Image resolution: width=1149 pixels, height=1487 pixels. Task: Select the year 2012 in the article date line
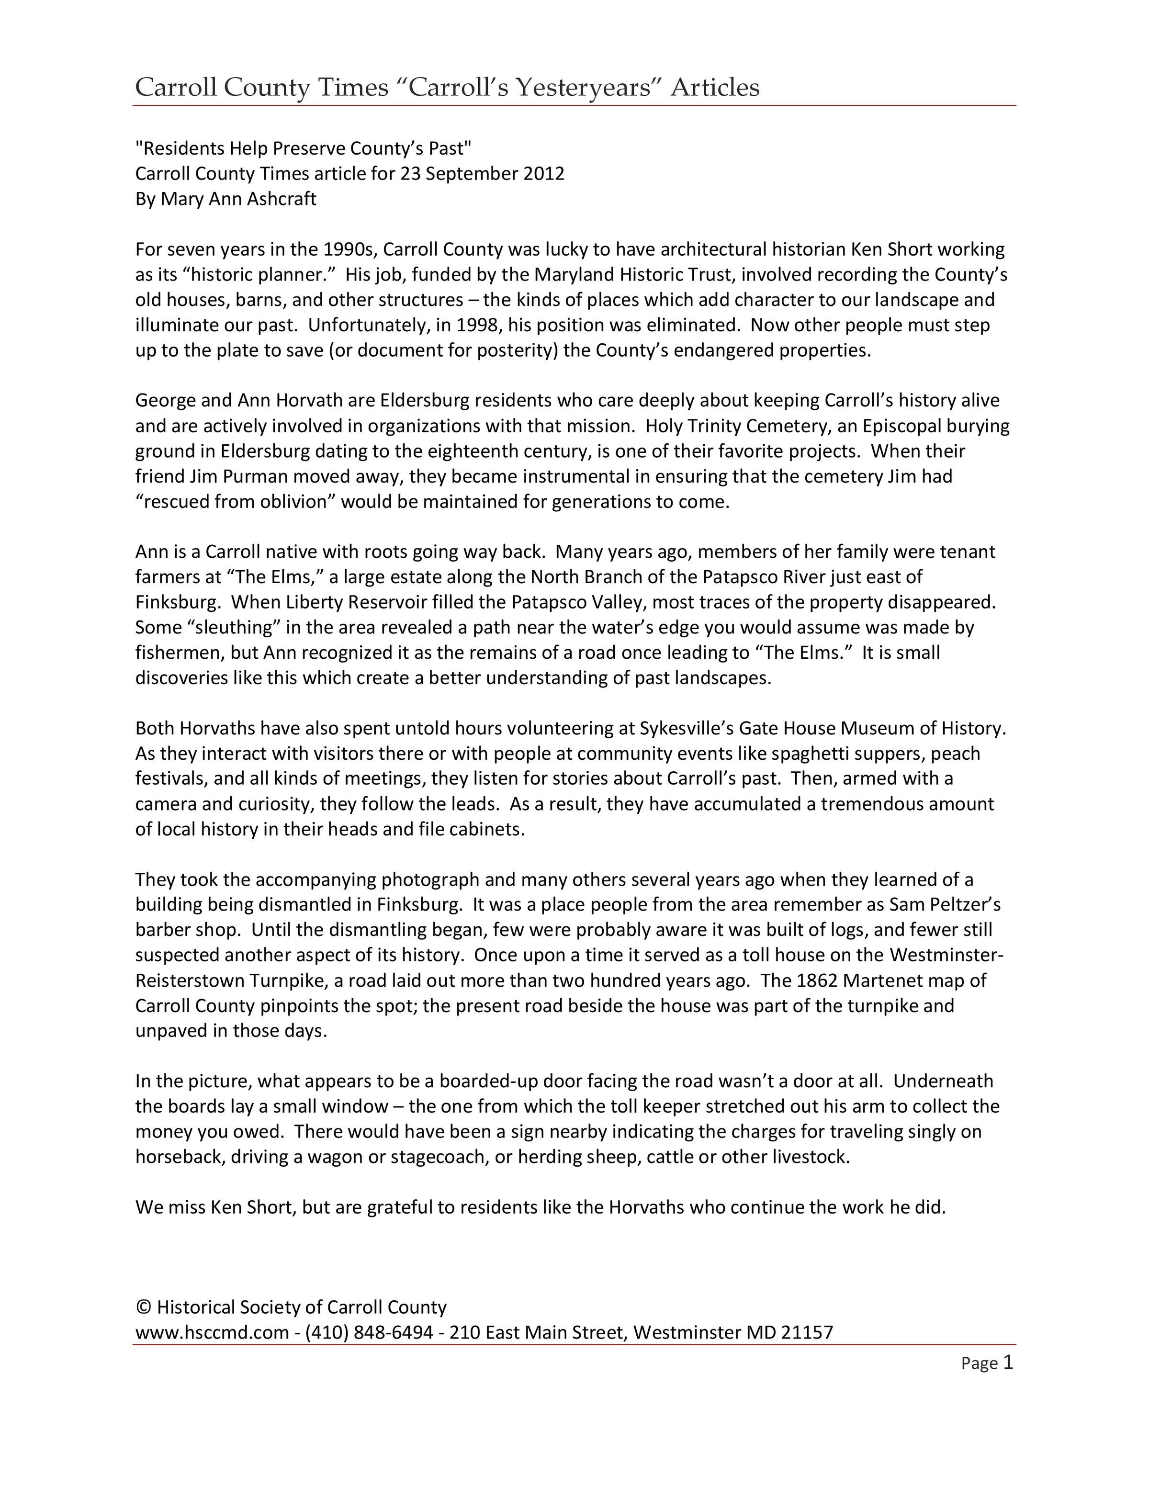point(544,174)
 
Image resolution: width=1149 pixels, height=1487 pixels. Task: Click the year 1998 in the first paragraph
point(474,325)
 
